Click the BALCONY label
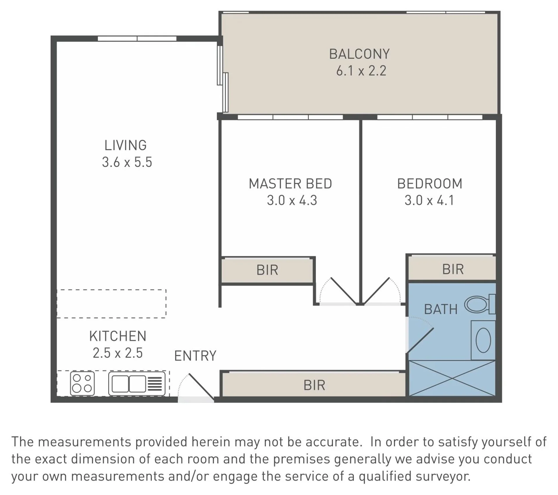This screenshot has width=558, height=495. pos(359,54)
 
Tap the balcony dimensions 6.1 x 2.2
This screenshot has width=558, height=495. pos(361,71)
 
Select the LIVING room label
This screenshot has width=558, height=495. pos(125,145)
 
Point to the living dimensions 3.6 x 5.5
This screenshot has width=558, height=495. pos(127,162)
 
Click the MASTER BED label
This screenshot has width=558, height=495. pos(290,184)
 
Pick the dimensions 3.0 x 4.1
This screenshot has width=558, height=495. pos(429,200)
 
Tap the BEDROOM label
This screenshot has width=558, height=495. pos(429,184)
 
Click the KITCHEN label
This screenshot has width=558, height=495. pos(118,336)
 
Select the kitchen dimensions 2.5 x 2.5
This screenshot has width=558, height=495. pos(117,353)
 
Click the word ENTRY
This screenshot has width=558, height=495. pos(195,356)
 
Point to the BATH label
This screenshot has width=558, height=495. pos(441,309)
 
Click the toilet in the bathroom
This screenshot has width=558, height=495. pos(480,304)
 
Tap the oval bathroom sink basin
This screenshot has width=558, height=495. pos(483,340)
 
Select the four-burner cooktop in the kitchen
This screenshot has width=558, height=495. pos(82,383)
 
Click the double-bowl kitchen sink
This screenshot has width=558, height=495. pos(137,384)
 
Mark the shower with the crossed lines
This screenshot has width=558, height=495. pos(452,378)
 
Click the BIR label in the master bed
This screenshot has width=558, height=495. pos(267,270)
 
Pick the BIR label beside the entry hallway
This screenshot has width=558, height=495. pos(314,385)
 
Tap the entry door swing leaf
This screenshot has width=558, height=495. pos(201,386)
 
